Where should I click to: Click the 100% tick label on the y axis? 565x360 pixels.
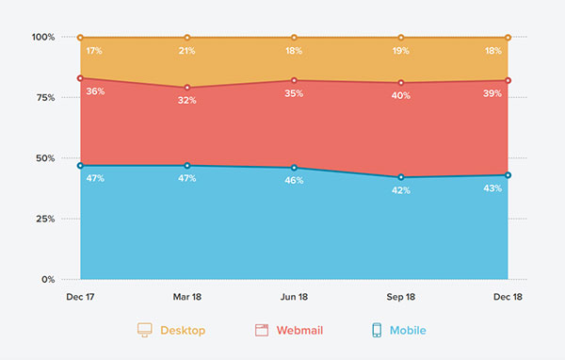(x=44, y=38)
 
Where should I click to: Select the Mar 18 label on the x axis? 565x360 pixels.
(x=186, y=296)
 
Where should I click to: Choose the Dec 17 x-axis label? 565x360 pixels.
(x=81, y=296)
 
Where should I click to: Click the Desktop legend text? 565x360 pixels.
(x=183, y=331)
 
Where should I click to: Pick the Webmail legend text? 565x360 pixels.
(x=299, y=331)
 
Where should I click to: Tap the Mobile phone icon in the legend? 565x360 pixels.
(x=377, y=331)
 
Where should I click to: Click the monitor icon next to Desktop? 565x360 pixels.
(x=144, y=331)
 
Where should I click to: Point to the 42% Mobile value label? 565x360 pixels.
(x=401, y=190)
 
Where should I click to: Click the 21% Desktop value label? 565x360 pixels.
(x=187, y=51)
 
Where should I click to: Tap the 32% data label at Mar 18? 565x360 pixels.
(x=187, y=100)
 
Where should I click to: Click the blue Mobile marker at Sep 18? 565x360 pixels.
(x=401, y=177)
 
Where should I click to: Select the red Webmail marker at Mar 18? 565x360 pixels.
(x=187, y=88)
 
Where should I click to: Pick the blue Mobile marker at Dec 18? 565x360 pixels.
(x=508, y=175)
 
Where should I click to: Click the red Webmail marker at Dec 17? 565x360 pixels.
(x=81, y=78)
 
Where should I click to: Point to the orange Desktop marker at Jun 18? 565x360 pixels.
(x=294, y=38)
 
